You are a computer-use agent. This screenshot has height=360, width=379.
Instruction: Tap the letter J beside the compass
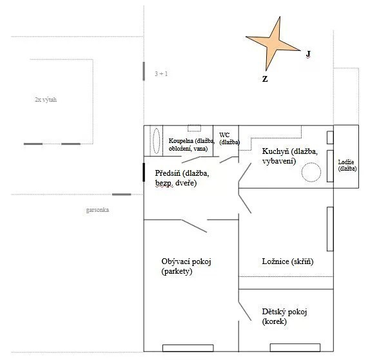(308, 54)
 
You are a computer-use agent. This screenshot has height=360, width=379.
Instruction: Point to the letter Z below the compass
(265, 79)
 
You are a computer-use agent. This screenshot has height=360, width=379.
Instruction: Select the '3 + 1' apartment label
(161, 73)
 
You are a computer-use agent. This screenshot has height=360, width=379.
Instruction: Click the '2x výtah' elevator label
(46, 99)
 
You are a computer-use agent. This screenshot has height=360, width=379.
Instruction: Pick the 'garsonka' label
(97, 210)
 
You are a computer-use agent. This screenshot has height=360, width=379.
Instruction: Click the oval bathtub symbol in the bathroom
(157, 141)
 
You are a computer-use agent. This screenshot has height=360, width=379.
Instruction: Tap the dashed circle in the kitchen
(311, 172)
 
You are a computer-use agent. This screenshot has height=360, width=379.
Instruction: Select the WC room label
(224, 135)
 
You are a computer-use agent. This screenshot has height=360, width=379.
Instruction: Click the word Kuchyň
(276, 151)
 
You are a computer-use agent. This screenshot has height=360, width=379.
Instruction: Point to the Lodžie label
(346, 162)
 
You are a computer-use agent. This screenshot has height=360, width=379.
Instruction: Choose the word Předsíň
(168, 173)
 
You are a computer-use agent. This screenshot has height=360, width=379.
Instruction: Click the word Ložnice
(276, 261)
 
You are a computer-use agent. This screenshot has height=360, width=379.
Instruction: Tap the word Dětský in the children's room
(274, 312)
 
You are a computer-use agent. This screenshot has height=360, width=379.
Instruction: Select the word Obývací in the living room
(176, 261)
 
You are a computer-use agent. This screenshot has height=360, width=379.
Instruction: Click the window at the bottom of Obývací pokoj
(188, 348)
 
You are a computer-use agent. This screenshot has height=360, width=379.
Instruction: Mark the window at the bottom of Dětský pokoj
(295, 348)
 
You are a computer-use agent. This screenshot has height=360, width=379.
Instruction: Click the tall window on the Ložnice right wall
(330, 229)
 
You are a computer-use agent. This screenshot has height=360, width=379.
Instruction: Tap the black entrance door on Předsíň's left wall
(144, 172)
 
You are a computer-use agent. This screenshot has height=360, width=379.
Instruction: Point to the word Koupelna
(181, 141)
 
